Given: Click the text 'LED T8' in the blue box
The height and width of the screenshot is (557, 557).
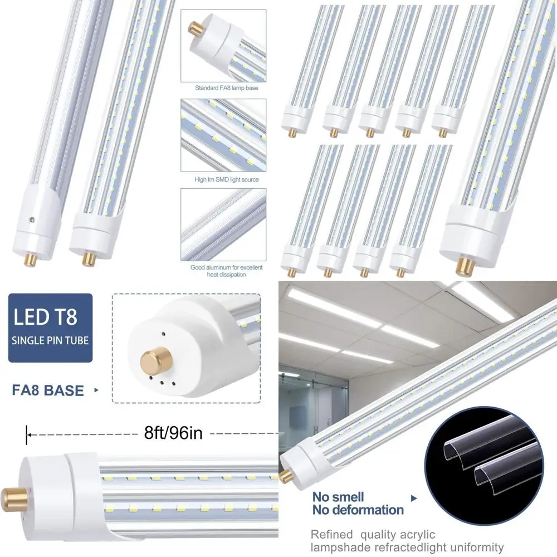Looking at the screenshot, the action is (x=45, y=316).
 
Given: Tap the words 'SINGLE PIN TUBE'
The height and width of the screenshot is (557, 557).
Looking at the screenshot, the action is (x=50, y=340).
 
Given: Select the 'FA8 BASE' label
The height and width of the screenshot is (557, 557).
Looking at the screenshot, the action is (x=48, y=390).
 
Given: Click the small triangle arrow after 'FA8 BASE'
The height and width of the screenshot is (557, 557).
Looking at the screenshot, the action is (x=96, y=390).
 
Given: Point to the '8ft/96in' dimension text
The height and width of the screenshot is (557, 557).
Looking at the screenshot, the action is (x=173, y=433).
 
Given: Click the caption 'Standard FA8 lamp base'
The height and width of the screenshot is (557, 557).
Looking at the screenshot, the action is (x=227, y=88).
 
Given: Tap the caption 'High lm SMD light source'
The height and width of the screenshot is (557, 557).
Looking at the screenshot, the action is (x=227, y=179).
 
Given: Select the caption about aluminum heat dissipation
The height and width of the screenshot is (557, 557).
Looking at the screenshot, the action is (x=226, y=271).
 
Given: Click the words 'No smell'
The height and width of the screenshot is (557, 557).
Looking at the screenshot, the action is (x=338, y=497).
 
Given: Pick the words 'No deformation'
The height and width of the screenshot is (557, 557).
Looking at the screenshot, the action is (x=358, y=510).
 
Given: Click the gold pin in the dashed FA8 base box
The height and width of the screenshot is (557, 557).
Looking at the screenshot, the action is (x=156, y=359).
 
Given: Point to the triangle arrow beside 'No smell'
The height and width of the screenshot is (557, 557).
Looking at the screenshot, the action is (x=414, y=498).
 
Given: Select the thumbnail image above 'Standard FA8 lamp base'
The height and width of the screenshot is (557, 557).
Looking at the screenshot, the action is (x=223, y=46).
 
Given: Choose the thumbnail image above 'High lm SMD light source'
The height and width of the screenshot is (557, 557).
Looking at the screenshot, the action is (x=223, y=135).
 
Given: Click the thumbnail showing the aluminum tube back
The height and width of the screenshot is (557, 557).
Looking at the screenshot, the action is (x=223, y=224).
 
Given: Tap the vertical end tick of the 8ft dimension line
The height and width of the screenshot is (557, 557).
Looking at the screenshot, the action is (x=26, y=435).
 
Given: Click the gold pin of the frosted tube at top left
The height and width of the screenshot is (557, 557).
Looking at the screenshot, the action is (x=30, y=260).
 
